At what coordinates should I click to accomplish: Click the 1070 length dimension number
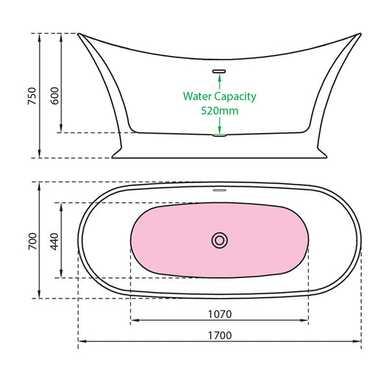(x=219, y=314)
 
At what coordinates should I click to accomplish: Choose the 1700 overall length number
(x=219, y=335)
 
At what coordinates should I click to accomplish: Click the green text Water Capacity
(x=219, y=96)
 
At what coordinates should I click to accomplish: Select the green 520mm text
(x=219, y=111)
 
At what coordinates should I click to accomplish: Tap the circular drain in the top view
(x=219, y=240)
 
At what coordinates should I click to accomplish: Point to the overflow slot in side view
(x=219, y=71)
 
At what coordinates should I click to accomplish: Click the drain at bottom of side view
(x=219, y=134)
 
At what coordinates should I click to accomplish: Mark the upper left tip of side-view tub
(x=79, y=34)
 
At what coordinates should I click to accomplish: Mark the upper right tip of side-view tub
(x=360, y=34)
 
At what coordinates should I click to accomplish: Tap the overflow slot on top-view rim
(x=219, y=189)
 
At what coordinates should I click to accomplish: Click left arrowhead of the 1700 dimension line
(x=81, y=343)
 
